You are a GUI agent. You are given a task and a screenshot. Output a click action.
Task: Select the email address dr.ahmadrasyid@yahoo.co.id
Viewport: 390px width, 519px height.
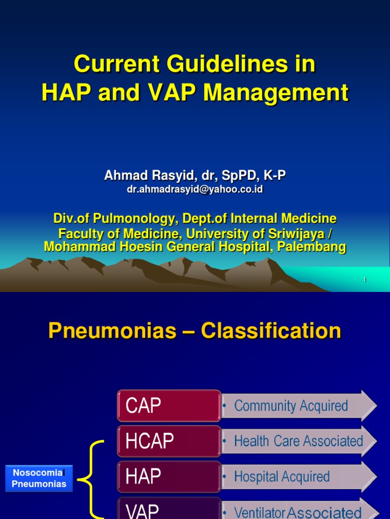[194, 189]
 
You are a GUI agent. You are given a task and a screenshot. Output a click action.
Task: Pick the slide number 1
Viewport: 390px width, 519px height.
[365, 280]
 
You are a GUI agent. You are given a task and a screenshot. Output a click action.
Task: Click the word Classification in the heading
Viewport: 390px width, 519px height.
[271, 331]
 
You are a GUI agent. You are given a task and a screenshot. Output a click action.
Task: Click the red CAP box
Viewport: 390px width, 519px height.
[169, 405]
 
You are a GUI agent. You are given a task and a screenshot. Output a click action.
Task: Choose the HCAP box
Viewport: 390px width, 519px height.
[169, 441]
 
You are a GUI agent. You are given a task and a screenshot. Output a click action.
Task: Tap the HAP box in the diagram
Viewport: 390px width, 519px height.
[169, 476]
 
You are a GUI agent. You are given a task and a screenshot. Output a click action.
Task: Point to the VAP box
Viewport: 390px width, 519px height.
[169, 509]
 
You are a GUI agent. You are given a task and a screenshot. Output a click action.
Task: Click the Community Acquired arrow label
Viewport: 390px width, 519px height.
[291, 405]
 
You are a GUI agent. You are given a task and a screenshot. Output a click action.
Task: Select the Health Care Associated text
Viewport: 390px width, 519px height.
[298, 441]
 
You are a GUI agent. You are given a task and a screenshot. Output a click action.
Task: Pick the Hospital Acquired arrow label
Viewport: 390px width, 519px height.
[282, 476]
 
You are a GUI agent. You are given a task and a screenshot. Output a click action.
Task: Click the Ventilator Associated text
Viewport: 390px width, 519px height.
[298, 512]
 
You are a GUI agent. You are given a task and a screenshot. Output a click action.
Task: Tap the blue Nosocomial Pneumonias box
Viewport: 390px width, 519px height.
[39, 478]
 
